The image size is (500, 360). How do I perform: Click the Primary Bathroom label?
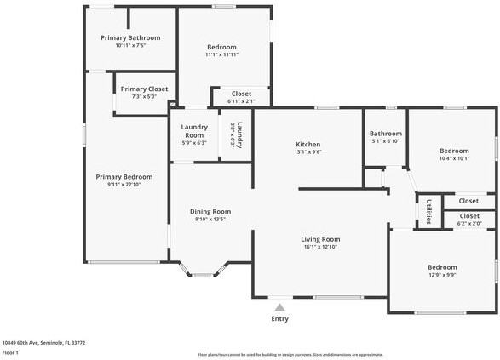pyautogui.click(x=130, y=37)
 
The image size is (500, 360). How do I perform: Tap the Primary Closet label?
pyautogui.click(x=144, y=89)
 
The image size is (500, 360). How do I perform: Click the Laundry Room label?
pyautogui.click(x=194, y=131)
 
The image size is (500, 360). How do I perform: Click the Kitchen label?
pyautogui.click(x=307, y=144)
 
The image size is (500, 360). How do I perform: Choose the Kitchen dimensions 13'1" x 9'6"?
pyautogui.click(x=307, y=152)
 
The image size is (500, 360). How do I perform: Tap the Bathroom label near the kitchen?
pyautogui.click(x=385, y=134)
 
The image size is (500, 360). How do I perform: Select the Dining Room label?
pyautogui.click(x=210, y=211)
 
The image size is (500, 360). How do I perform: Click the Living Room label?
pyautogui.click(x=320, y=239)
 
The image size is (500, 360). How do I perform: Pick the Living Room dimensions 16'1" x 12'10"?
pyautogui.click(x=320, y=248)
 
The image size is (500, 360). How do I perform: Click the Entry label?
pyautogui.click(x=279, y=319)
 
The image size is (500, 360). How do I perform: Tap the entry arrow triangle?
pyautogui.click(x=279, y=307)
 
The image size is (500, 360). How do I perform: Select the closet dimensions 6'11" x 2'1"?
pyautogui.click(x=241, y=101)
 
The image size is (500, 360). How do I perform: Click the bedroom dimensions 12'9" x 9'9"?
pyautogui.click(x=442, y=274)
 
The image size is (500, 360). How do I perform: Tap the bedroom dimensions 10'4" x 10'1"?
pyautogui.click(x=454, y=158)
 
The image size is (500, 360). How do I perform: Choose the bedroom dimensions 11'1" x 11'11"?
pyautogui.click(x=221, y=54)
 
